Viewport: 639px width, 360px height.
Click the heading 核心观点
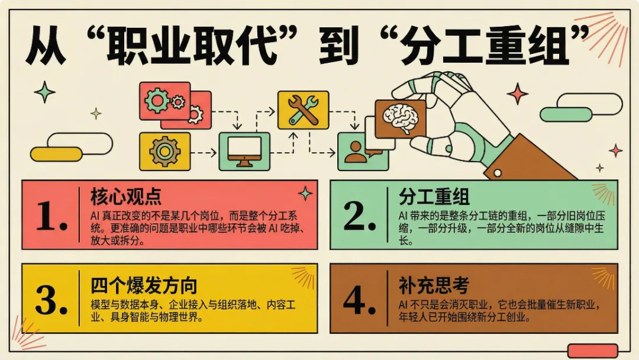pos(125,197)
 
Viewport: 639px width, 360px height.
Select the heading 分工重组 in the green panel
pos(434,197)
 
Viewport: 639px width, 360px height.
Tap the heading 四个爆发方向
pos(144,285)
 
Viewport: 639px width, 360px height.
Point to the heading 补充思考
pos(434,285)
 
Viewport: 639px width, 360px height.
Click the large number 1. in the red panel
pos(51,216)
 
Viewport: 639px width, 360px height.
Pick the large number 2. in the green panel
pos(360,216)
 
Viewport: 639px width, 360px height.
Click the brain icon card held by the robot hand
pos(400,119)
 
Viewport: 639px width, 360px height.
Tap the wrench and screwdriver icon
pos(303,110)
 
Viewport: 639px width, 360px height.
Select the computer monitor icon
pos(244,151)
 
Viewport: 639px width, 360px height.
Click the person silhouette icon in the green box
pos(354,152)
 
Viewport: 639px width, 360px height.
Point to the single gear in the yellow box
pos(164,151)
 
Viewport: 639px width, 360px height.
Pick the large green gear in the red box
pos(156,100)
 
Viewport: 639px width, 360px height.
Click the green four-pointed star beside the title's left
pos(44,92)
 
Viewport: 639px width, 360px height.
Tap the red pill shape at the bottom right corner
pos(592,351)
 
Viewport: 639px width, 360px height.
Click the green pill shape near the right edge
pos(566,114)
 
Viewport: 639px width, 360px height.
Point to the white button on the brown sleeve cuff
pos(497,173)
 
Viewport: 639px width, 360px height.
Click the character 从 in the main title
pos(45,45)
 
